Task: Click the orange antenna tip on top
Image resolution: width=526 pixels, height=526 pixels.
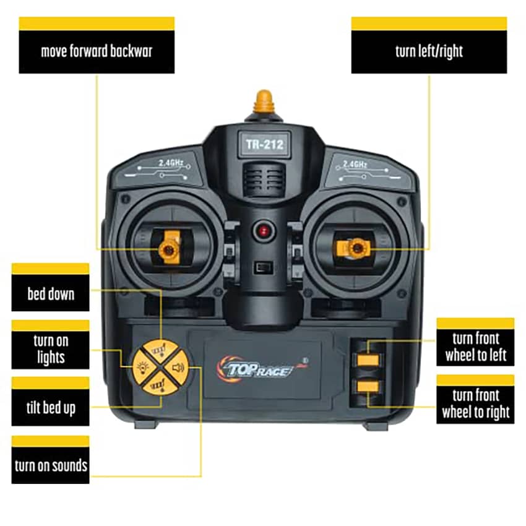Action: click(x=264, y=101)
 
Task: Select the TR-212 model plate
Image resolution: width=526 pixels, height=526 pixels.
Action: click(x=264, y=145)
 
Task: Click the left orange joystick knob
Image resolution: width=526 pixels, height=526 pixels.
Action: click(x=169, y=249)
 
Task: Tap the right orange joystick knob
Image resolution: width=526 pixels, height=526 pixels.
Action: click(x=355, y=249)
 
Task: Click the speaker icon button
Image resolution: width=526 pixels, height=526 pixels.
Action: click(x=178, y=368)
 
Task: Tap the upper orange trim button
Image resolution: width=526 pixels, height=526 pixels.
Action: click(x=368, y=360)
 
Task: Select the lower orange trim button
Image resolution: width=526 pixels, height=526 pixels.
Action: click(x=368, y=386)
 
